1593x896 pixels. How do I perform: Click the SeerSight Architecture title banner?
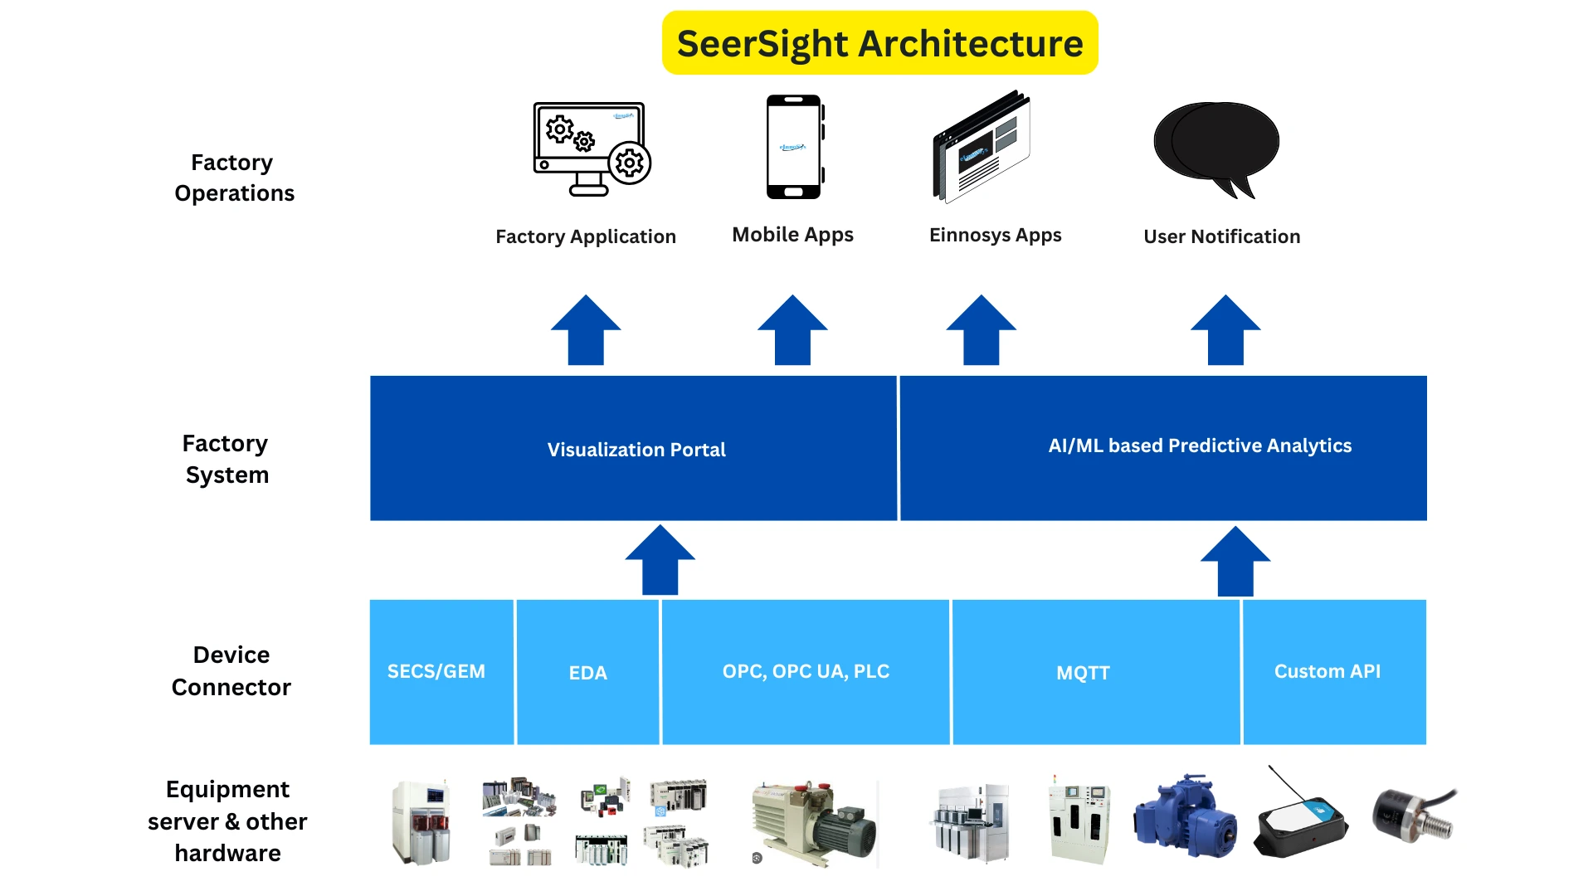click(879, 43)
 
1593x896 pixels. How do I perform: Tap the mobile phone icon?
click(794, 147)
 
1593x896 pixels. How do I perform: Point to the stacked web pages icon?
click(982, 148)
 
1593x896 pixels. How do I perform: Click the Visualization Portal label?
click(636, 450)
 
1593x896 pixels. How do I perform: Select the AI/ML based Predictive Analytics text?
click(1199, 446)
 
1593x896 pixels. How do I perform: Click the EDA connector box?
click(587, 672)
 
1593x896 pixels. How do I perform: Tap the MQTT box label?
click(1083, 673)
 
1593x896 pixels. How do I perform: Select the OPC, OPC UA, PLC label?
click(805, 671)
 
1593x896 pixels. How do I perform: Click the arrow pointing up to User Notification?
click(1225, 331)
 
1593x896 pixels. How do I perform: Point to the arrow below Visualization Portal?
click(660, 560)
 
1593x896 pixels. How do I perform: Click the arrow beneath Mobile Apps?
click(792, 331)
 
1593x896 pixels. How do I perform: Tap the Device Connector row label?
click(231, 670)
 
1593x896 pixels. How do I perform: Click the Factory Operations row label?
click(233, 178)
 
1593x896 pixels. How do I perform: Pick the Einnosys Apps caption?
click(995, 235)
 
